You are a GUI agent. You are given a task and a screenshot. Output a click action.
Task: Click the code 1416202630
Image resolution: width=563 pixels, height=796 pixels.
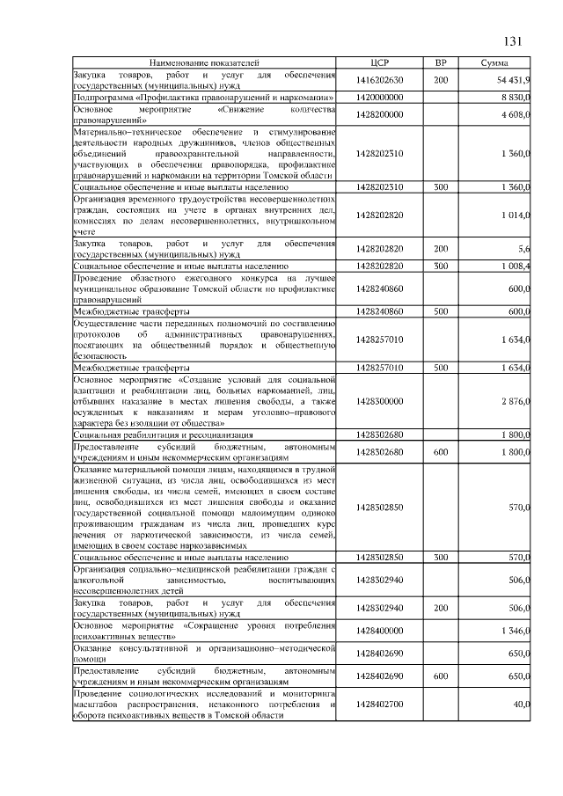pos(380,81)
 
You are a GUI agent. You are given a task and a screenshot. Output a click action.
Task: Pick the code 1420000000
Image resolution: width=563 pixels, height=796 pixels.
pos(380,98)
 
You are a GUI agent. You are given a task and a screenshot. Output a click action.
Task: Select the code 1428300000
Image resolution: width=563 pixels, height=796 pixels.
pos(380,401)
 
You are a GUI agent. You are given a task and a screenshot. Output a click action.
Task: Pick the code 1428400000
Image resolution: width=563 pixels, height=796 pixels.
pos(380,631)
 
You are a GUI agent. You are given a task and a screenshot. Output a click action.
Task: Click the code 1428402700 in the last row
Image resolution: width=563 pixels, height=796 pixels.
pos(380,705)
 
